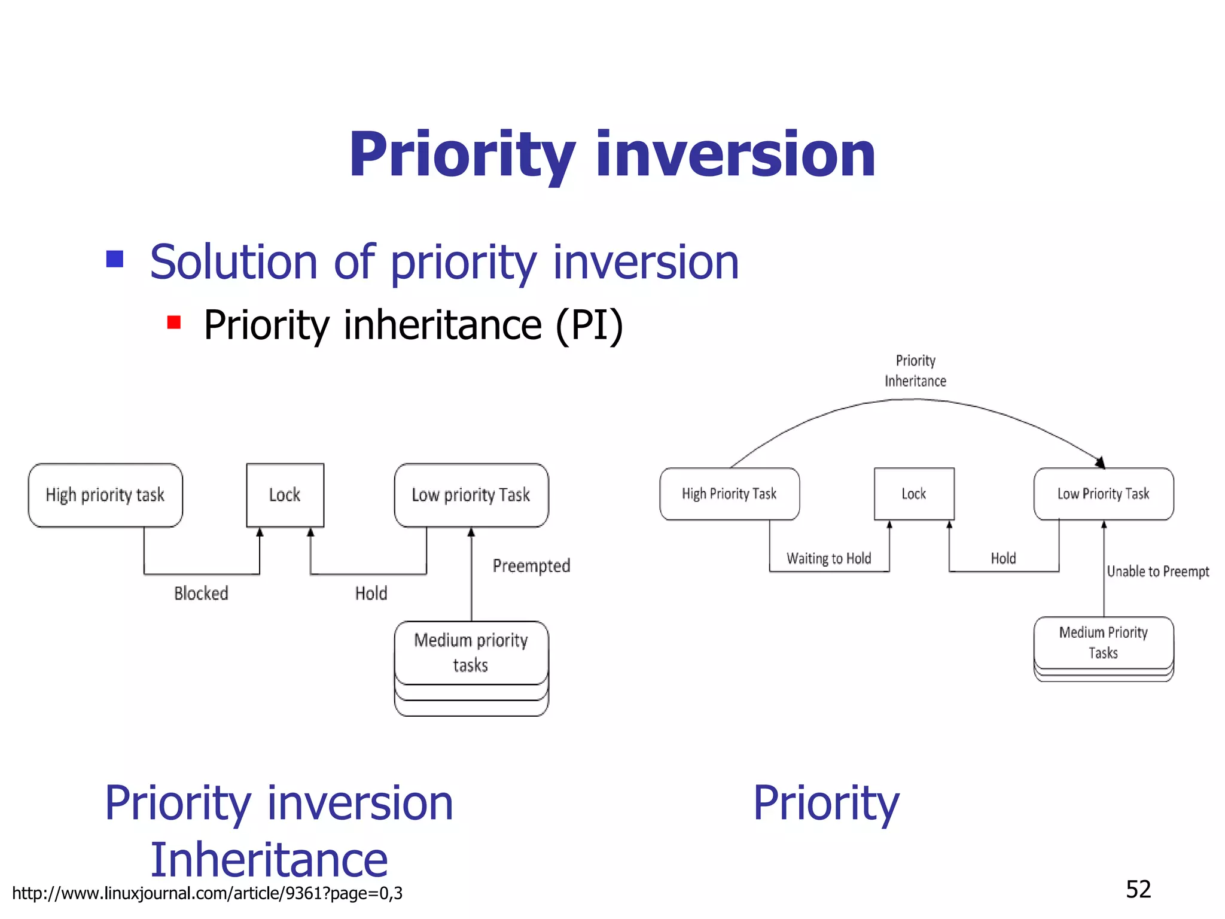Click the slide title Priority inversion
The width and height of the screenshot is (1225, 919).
[x=612, y=155]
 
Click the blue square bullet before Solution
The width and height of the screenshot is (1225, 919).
[x=115, y=259]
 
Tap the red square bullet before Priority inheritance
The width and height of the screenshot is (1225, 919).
[x=174, y=322]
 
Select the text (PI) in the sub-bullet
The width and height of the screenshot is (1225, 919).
[x=589, y=325]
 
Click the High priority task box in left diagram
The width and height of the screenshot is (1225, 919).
[x=105, y=495]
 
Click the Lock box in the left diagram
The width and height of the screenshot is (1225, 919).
[x=285, y=495]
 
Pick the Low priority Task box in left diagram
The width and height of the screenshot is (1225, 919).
[x=471, y=495]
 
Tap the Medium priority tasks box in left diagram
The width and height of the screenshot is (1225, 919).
[x=471, y=653]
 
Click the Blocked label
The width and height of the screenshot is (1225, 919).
[x=201, y=593]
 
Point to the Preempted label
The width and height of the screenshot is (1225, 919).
[x=531, y=565]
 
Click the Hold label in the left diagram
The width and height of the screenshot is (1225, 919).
[x=371, y=593]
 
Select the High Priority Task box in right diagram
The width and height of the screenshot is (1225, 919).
[x=729, y=494]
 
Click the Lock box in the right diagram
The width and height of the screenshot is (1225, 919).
[x=913, y=494]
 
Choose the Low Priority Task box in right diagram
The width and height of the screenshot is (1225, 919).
[x=1103, y=494]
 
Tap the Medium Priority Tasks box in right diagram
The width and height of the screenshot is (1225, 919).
[x=1103, y=643]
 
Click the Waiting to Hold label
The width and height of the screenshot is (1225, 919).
[x=828, y=558]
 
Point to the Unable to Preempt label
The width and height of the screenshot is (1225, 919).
[x=1157, y=571]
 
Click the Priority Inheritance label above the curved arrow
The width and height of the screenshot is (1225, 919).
[x=915, y=371]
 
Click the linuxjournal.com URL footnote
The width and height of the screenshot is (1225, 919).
[x=207, y=893]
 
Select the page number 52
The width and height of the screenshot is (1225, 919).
[x=1138, y=889]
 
